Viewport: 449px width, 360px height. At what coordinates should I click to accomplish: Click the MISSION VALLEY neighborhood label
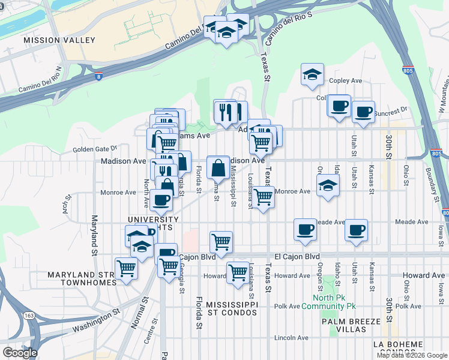coord(59,40)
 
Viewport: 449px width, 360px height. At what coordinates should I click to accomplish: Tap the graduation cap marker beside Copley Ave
coord(312,75)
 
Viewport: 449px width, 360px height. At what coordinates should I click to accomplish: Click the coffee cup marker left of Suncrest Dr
coord(340,106)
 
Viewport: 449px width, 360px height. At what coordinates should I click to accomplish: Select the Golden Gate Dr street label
coord(94,149)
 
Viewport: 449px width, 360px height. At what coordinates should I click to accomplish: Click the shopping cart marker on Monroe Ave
coord(263,197)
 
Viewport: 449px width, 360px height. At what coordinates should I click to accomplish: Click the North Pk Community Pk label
coord(334,302)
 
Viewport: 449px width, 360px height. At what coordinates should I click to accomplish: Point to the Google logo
coord(19,353)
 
